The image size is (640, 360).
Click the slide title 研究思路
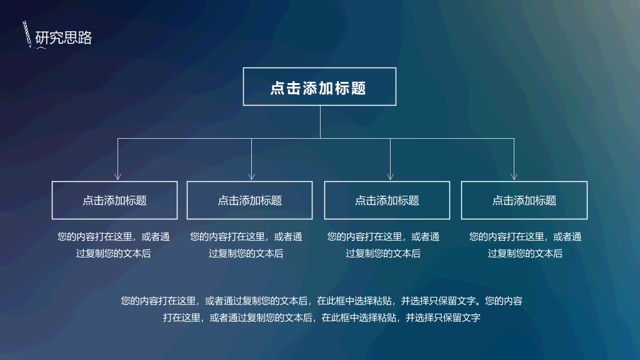(x=64, y=37)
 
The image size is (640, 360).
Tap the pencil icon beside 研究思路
(x=27, y=34)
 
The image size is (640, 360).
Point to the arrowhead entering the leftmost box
(x=118, y=176)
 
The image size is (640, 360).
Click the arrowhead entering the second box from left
(x=251, y=176)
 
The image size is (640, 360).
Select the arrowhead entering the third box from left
(x=390, y=176)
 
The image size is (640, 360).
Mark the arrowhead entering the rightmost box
(x=514, y=176)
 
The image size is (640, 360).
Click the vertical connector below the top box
(x=320, y=122)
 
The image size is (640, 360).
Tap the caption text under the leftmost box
(x=114, y=245)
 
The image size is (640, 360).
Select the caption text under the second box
(x=246, y=245)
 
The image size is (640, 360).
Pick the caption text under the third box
(x=383, y=245)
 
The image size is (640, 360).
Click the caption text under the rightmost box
(x=525, y=245)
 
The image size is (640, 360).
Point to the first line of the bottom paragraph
(x=322, y=301)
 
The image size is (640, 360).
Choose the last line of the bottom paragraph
(x=322, y=317)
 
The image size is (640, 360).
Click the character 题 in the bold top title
(x=358, y=88)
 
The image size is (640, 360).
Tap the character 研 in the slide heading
(x=42, y=37)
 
